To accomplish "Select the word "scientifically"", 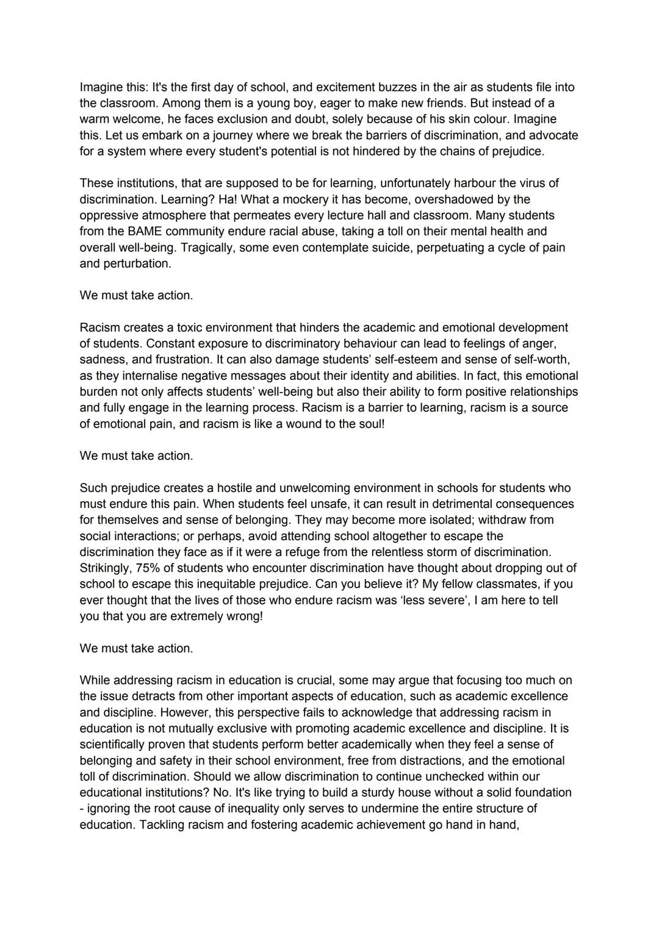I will point(112,744).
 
